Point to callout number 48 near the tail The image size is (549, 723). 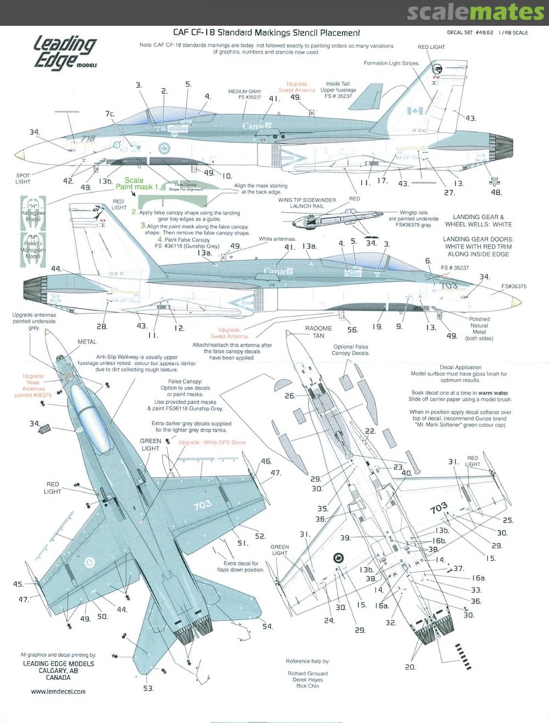click(495, 192)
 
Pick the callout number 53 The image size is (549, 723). click(148, 688)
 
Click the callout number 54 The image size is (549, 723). click(268, 627)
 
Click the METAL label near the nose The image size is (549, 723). click(87, 341)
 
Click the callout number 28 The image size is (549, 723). click(102, 326)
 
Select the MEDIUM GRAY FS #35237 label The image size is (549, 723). click(243, 96)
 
